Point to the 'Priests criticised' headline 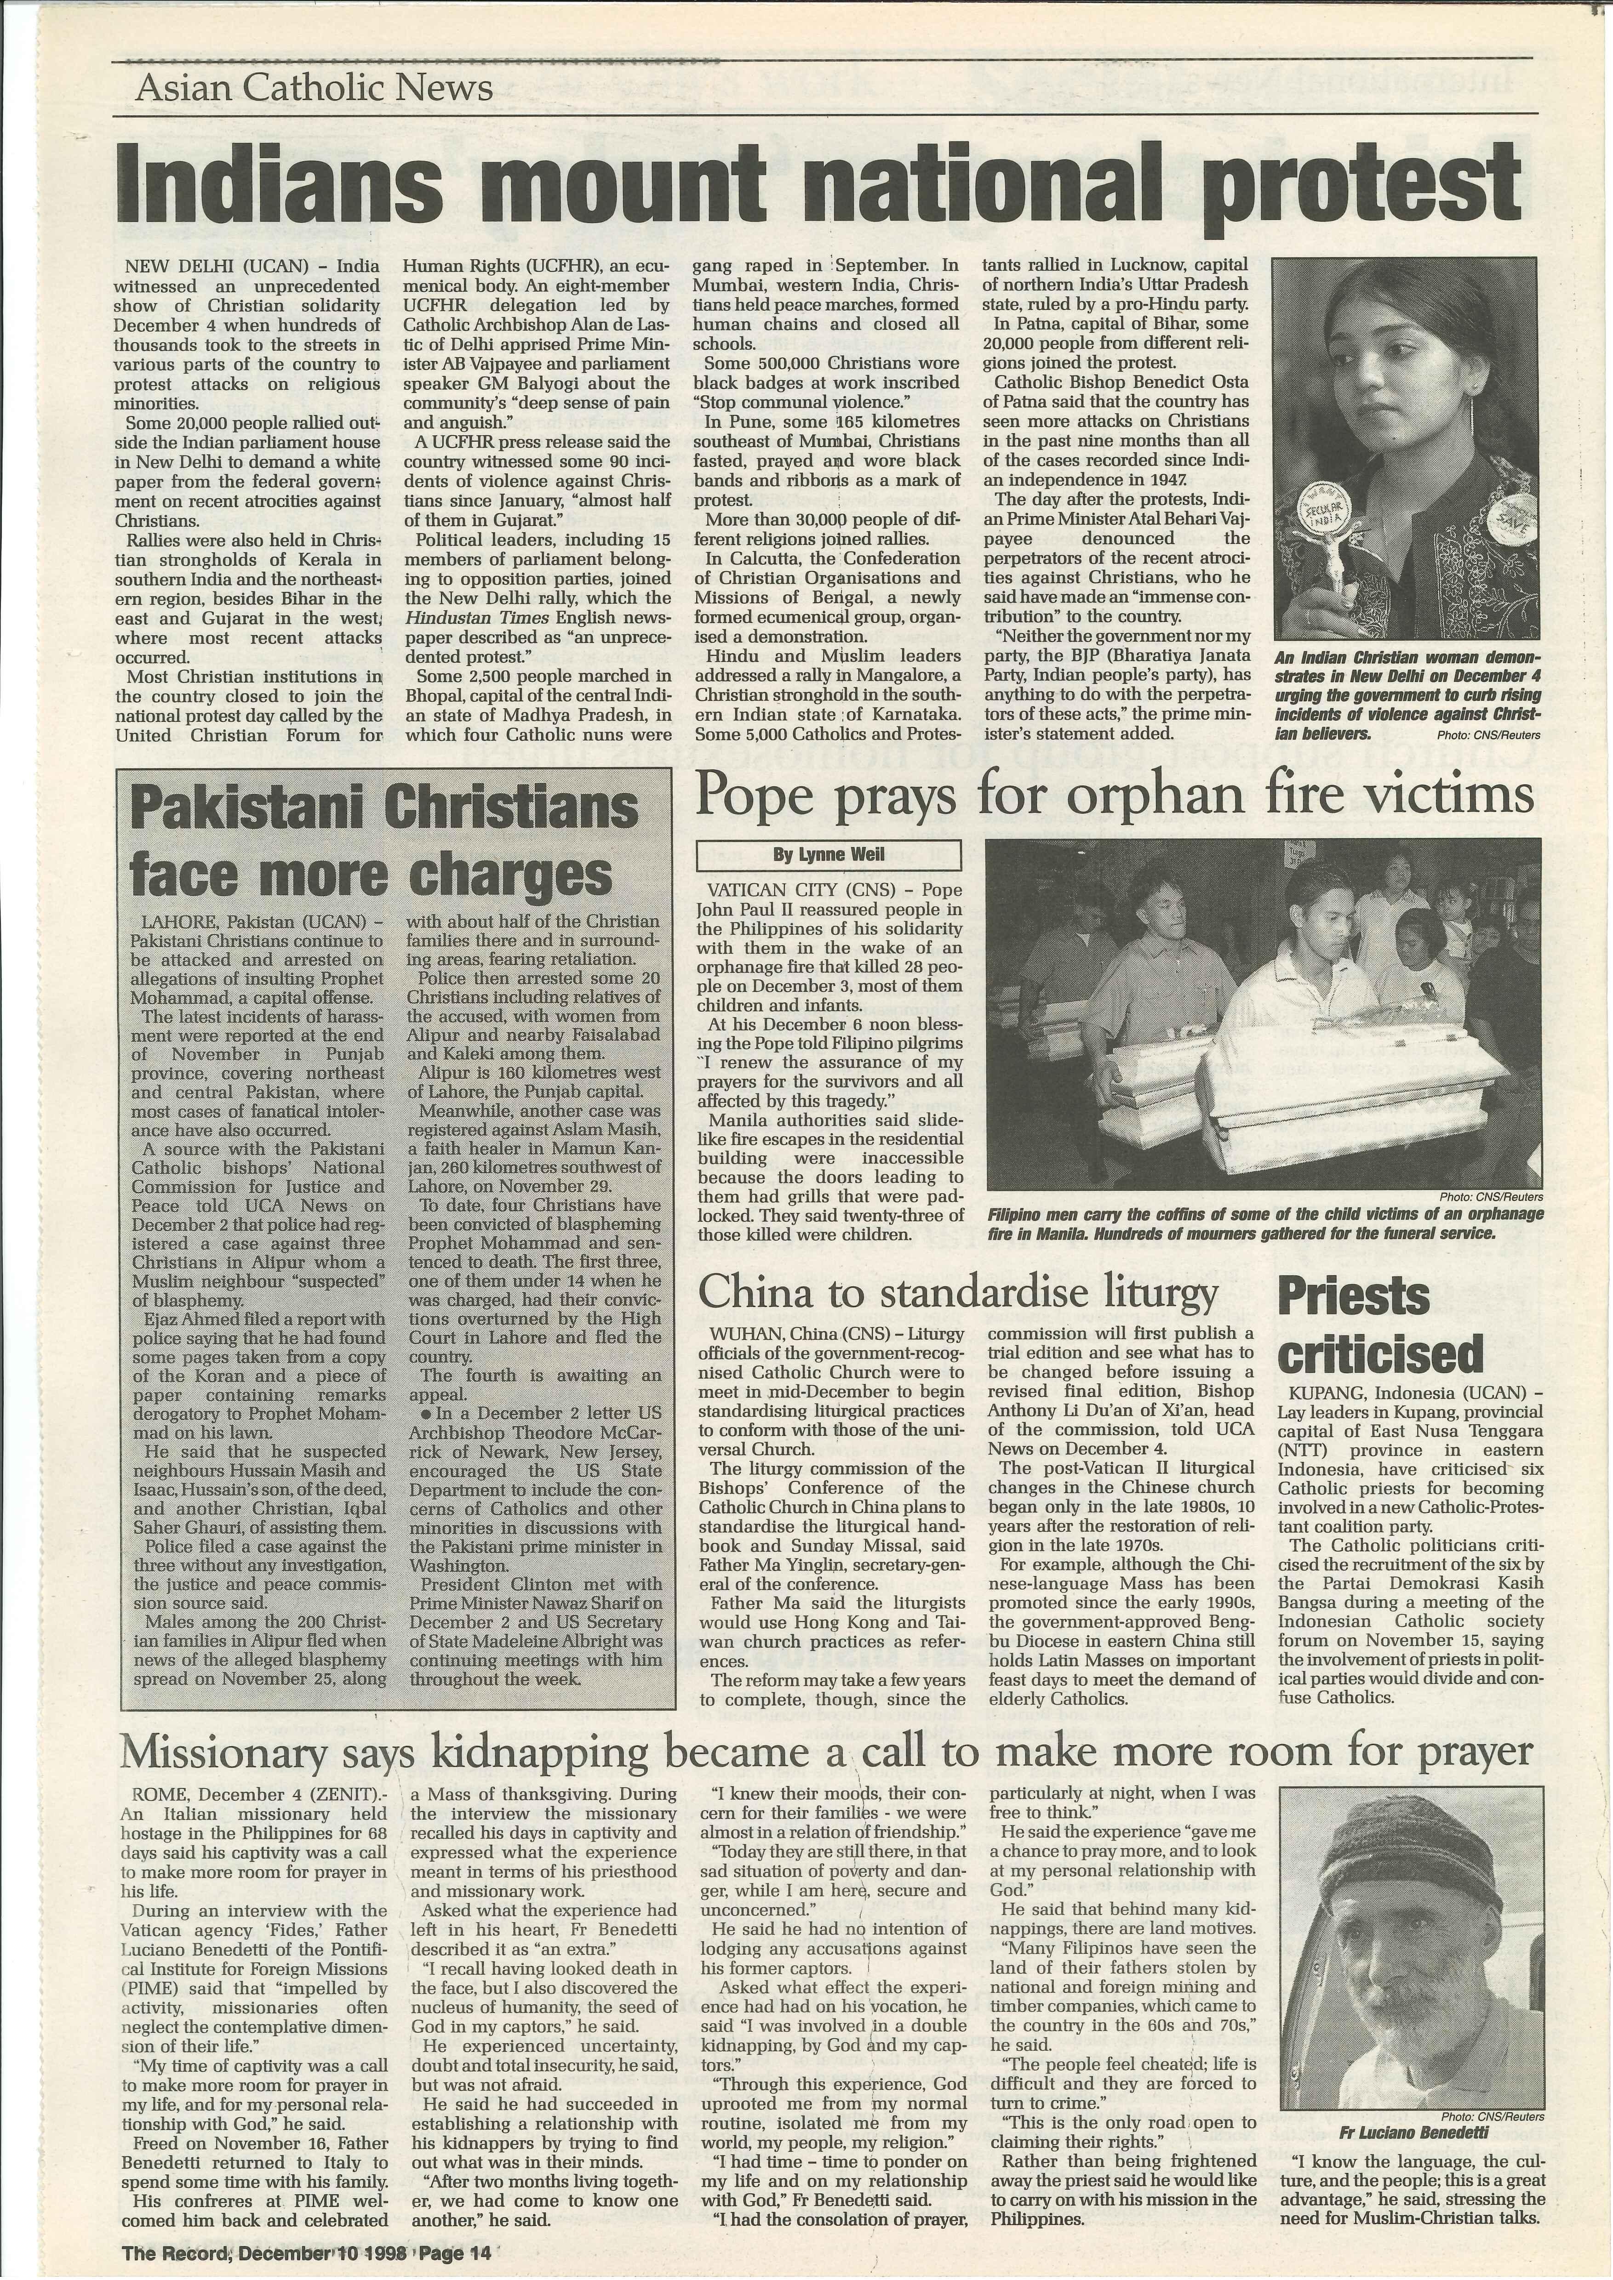point(1381,1325)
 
